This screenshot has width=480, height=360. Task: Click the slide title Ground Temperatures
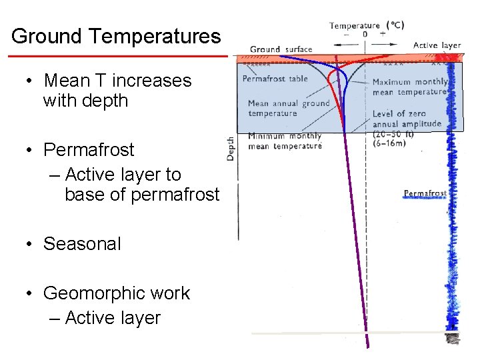click(115, 36)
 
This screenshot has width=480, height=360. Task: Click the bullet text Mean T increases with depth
click(117, 91)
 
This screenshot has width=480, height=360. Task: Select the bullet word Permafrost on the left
click(89, 149)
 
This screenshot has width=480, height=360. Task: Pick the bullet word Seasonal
click(82, 244)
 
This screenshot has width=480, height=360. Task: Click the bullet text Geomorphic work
click(117, 293)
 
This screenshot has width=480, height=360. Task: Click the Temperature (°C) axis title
click(366, 25)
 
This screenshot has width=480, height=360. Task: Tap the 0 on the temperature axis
click(365, 34)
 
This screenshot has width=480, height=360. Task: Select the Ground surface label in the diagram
click(281, 49)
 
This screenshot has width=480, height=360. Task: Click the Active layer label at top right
click(437, 45)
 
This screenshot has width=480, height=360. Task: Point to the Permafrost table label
click(275, 79)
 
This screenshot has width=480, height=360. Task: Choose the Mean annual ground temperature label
click(288, 108)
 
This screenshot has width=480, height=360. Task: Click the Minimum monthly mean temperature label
click(284, 141)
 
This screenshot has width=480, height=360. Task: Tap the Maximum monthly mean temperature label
click(409, 87)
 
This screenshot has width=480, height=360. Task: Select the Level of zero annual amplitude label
click(407, 119)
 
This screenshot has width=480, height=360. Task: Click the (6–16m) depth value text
click(389, 142)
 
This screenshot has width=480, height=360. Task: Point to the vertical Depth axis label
click(231, 148)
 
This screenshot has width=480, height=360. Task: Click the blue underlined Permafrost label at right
click(425, 194)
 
